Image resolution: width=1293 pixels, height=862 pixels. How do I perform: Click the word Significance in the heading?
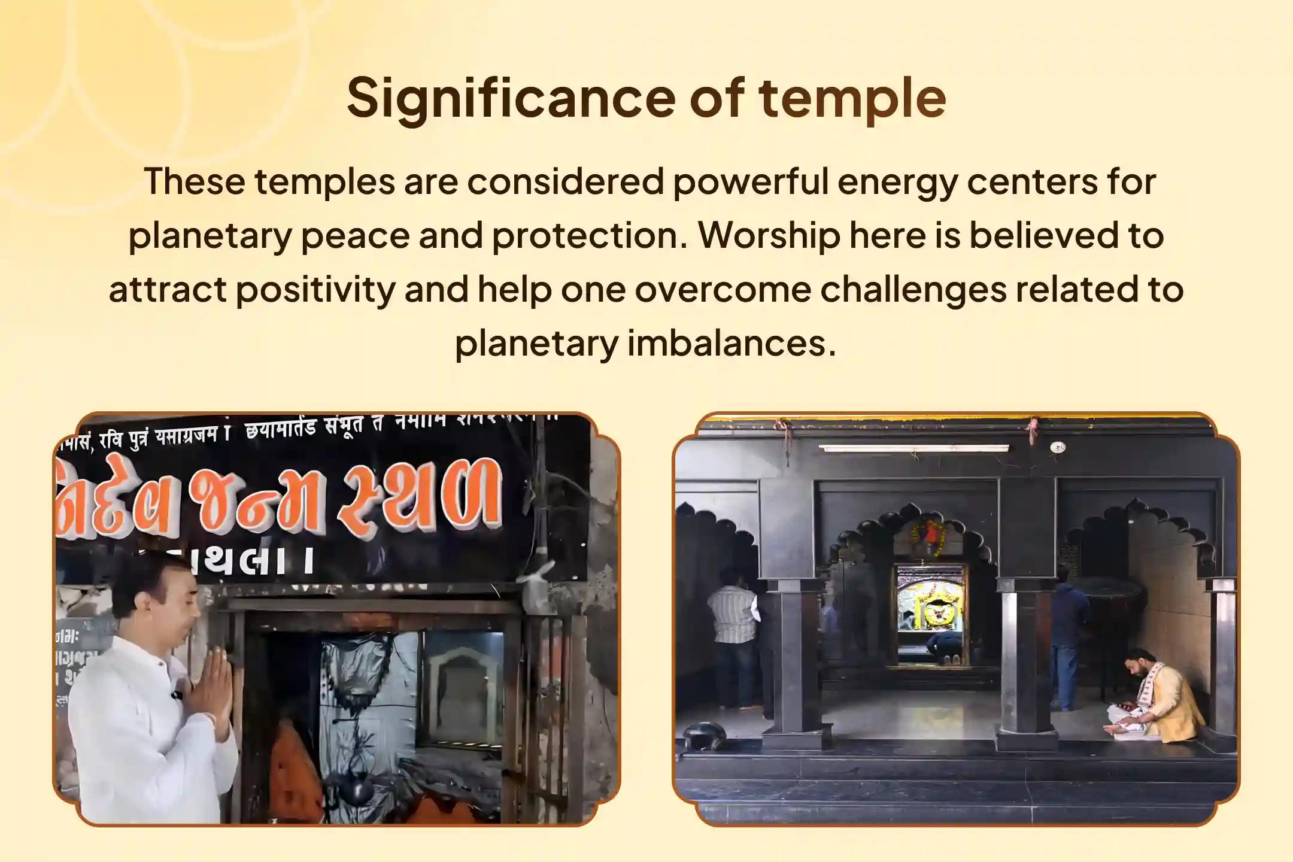click(x=512, y=98)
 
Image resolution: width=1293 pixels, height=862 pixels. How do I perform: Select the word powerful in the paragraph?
click(x=750, y=181)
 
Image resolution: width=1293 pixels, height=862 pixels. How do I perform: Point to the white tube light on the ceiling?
click(x=913, y=448)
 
